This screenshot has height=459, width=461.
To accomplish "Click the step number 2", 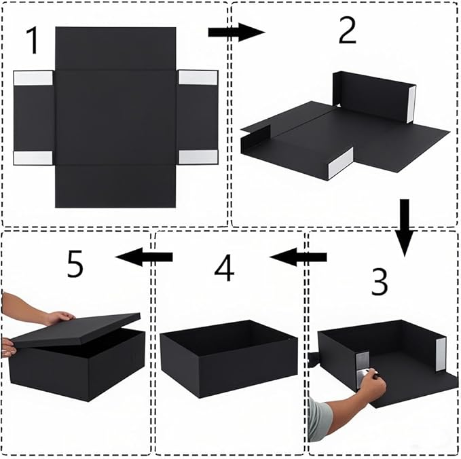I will click(x=347, y=31).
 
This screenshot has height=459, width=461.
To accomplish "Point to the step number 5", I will click(x=75, y=264).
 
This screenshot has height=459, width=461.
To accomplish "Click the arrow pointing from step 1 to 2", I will click(x=235, y=32).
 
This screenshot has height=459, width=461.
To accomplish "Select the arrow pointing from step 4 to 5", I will click(x=143, y=257).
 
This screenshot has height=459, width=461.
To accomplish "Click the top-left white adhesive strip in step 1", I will click(x=33, y=78).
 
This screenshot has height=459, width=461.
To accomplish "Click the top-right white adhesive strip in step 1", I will click(x=198, y=77).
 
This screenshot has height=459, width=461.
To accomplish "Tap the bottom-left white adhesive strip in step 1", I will click(x=33, y=158).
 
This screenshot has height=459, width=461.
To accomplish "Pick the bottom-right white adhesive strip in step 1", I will click(x=198, y=157).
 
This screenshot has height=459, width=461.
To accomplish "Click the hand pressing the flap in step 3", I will click(x=372, y=382).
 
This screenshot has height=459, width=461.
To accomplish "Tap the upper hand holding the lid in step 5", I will click(x=58, y=317).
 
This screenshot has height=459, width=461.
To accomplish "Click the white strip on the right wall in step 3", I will click(x=440, y=354).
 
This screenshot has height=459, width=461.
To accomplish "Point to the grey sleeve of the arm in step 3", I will click(x=318, y=420).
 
